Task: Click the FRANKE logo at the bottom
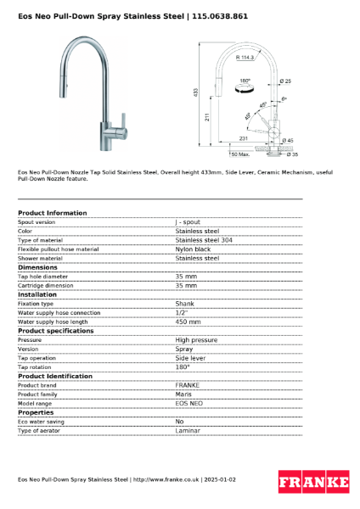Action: pyautogui.click(x=313, y=483)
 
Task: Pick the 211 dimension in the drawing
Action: pyautogui.click(x=208, y=118)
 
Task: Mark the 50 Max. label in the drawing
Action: pyautogui.click(x=239, y=154)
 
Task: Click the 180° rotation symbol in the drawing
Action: pyautogui.click(x=245, y=84)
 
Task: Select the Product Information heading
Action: pyautogui.click(x=52, y=213)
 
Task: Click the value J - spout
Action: pyautogui.click(x=188, y=221)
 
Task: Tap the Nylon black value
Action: pyautogui.click(x=193, y=249)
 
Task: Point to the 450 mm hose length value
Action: pyautogui.click(x=188, y=322)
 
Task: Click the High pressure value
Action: pyautogui.click(x=196, y=339)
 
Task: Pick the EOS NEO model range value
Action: pyautogui.click(x=189, y=403)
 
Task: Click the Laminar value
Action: pyautogui.click(x=188, y=431)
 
